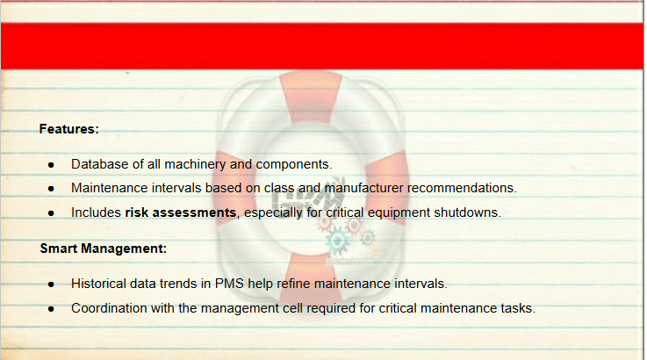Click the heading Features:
point(68,129)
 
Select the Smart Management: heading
point(104,248)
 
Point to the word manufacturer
point(364,188)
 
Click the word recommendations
point(462,188)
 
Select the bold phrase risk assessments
point(180,212)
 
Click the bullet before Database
point(51,165)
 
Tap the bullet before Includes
point(51,213)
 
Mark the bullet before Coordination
point(51,309)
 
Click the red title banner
point(322,47)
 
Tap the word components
point(294,165)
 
